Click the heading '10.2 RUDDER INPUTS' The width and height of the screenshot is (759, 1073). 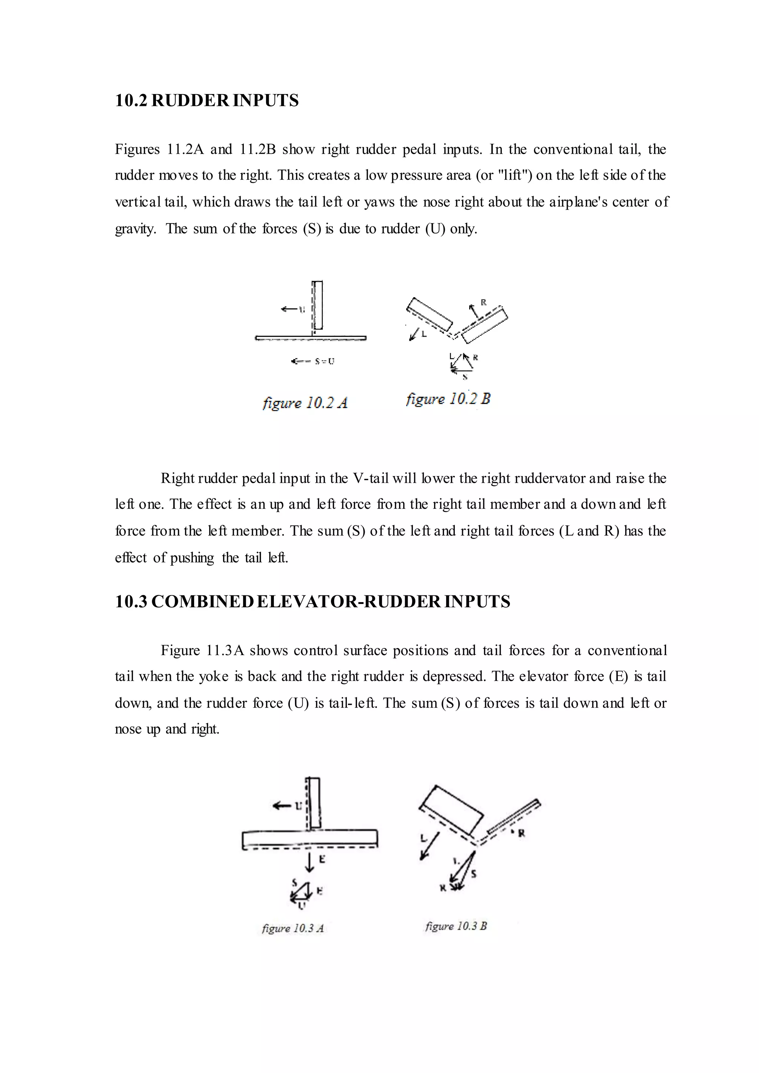click(206, 100)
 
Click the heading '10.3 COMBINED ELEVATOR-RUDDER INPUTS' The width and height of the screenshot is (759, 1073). click(312, 601)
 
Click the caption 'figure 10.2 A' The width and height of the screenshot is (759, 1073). click(305, 403)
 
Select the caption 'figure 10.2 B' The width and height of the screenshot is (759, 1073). click(448, 399)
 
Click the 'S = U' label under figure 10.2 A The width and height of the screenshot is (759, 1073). click(324, 361)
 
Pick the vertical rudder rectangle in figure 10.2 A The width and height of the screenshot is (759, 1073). click(318, 305)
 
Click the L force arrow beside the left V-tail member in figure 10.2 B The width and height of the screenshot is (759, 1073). click(414, 334)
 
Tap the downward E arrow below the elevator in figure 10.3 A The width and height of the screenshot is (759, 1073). click(309, 860)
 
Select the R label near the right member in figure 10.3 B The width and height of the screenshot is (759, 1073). click(521, 833)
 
